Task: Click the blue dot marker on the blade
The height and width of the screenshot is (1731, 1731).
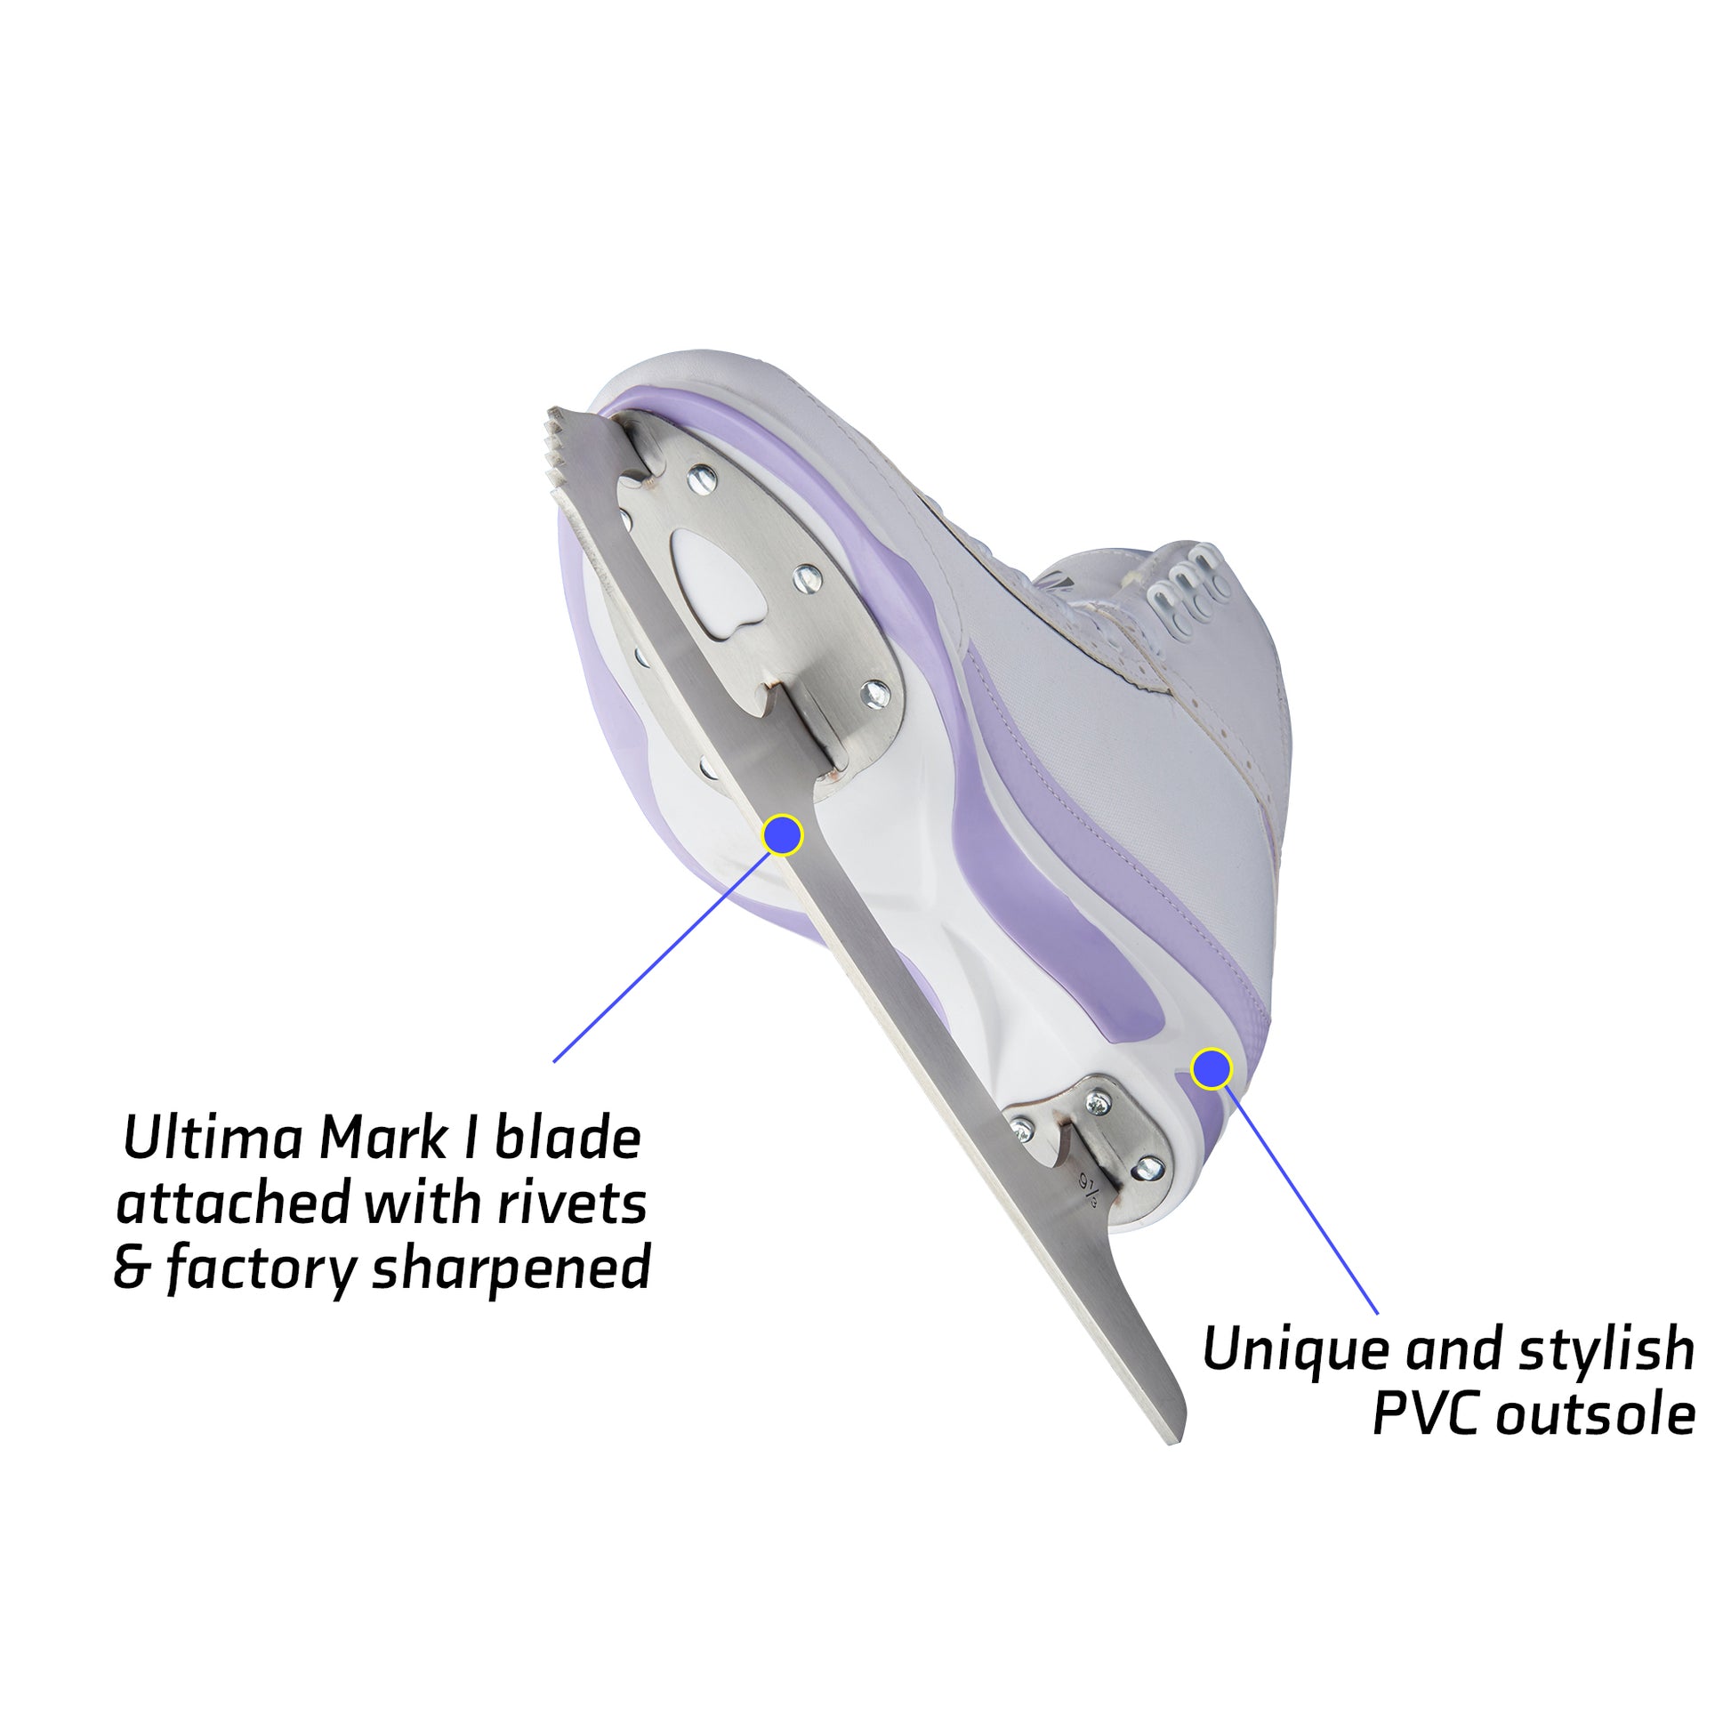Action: [782, 835]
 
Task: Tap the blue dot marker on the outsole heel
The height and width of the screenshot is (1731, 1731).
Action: [1212, 1069]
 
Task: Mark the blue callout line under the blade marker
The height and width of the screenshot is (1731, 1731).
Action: [661, 957]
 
